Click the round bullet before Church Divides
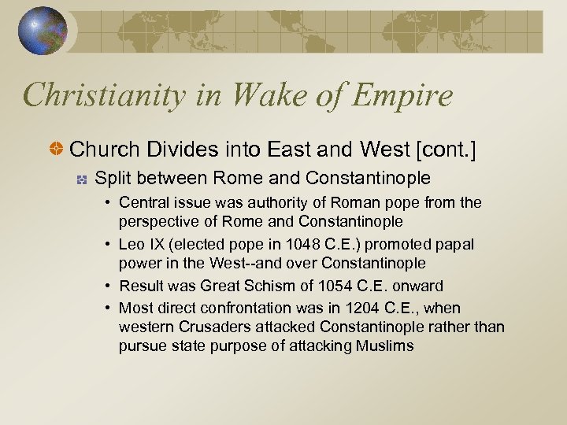[x=58, y=148]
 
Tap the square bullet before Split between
[x=80, y=179]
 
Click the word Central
[x=143, y=203]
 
